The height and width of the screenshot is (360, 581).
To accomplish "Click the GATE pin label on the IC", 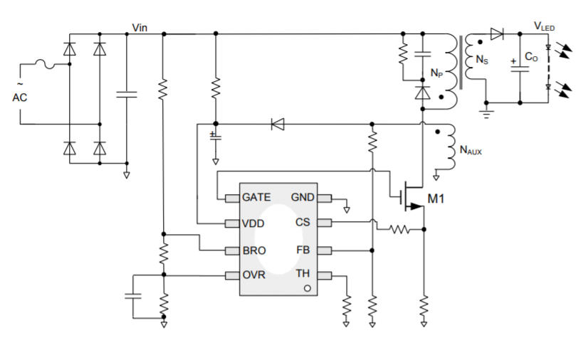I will coord(256,197).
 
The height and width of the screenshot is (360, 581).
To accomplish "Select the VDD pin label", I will coord(253,223).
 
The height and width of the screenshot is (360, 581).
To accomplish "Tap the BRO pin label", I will coord(254,250).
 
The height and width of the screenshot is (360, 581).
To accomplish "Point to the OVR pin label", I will coord(254,275).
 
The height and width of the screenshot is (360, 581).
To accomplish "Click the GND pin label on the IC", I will coord(303,197).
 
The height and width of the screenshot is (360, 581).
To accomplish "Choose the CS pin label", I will coord(303,223).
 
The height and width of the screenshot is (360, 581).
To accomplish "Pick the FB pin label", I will coord(303,250).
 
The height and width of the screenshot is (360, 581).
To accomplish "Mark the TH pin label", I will coord(303,275).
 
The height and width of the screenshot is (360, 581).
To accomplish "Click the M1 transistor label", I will coord(436,198).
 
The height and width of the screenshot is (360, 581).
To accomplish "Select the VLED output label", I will coord(544,26).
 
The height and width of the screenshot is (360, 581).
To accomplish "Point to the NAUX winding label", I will coord(471,150).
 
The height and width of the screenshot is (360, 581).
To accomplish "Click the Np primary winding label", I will coord(436,73).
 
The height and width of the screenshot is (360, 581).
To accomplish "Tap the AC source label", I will coord(20,97).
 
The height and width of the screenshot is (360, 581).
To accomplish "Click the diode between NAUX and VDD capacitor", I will coord(277,125).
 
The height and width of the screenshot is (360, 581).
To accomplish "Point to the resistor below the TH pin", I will coord(347,305).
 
